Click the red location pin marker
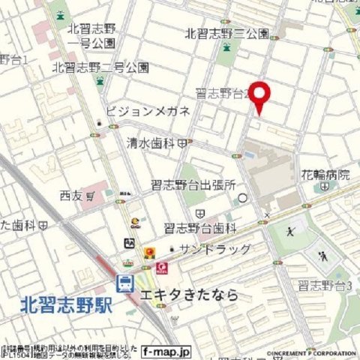(259, 96)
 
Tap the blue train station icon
(124, 283)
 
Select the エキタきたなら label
(190, 295)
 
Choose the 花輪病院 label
(326, 175)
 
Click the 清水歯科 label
(150, 142)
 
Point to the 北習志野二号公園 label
(100, 67)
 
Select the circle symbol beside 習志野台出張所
(242, 198)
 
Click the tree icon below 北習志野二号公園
(100, 81)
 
